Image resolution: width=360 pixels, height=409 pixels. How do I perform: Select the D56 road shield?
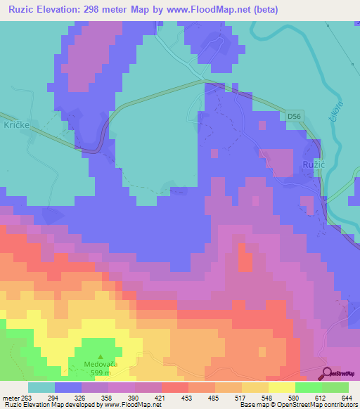(295, 115)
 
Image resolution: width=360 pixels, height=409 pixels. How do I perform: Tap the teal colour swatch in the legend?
(41, 387)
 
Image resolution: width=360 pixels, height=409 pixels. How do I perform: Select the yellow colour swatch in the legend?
(281, 387)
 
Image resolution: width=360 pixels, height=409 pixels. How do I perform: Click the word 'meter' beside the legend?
(11, 398)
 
